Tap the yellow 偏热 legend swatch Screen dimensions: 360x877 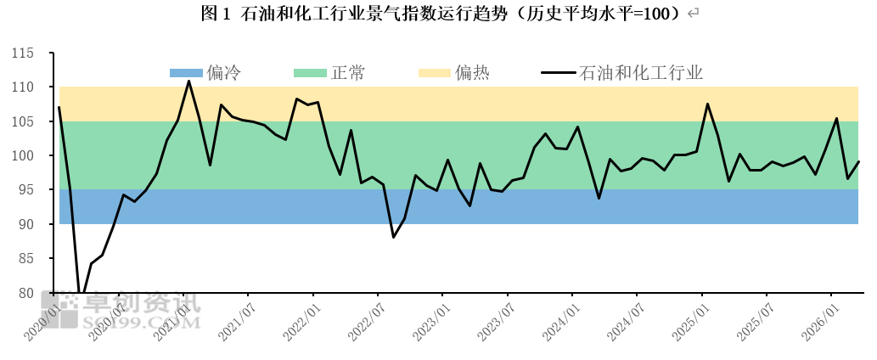[x=434, y=73]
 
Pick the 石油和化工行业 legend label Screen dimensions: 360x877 [x=640, y=73]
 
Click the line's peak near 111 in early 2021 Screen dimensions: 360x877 [x=188, y=81]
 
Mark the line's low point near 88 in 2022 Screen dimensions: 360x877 [x=394, y=237]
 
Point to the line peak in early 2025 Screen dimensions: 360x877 [x=707, y=104]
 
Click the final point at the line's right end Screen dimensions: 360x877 [x=858, y=161]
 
